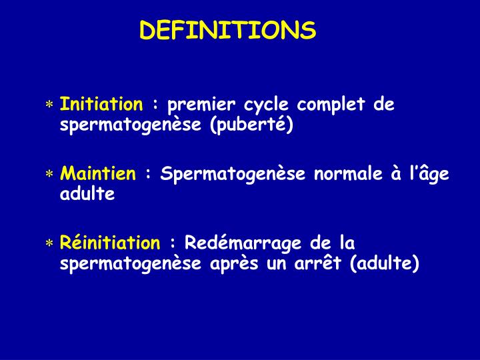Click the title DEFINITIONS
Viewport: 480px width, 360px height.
click(x=227, y=30)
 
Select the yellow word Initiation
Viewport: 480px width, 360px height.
click(x=101, y=105)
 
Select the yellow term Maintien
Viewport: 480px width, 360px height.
click(x=97, y=174)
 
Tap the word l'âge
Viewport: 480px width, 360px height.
click(x=432, y=175)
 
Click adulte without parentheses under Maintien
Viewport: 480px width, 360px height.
click(x=87, y=195)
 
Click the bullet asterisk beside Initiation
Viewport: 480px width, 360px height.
click(x=49, y=106)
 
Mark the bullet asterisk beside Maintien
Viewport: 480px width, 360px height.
click(x=49, y=175)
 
